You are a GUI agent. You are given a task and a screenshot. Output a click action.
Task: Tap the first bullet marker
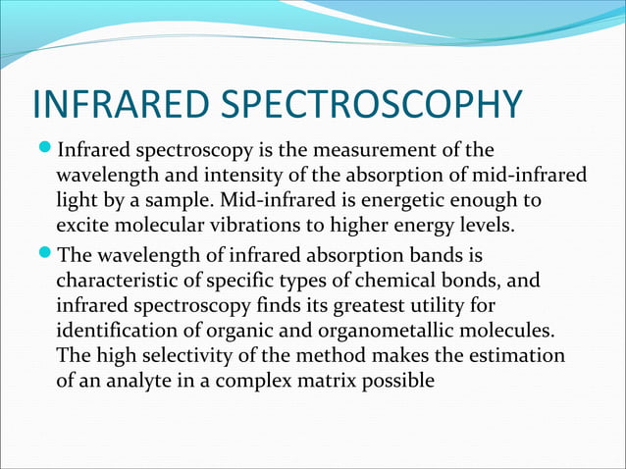43,152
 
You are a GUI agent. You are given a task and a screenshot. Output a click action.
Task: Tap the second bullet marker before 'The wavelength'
43,257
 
